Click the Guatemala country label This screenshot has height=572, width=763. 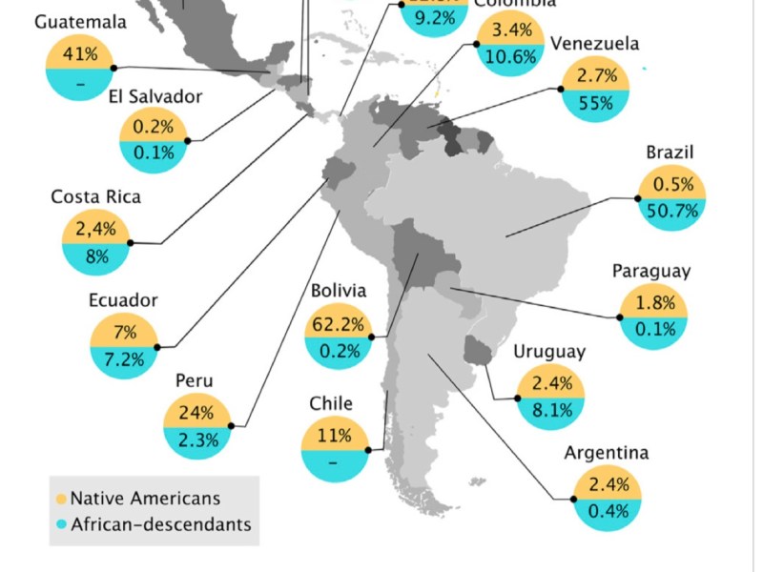pyautogui.click(x=80, y=22)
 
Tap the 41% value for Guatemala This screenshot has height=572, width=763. pyautogui.click(x=80, y=54)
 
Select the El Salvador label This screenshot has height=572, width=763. pyautogui.click(x=155, y=96)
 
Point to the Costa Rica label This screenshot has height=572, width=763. pyautogui.click(x=95, y=197)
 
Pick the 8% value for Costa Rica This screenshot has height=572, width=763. pyautogui.click(x=96, y=255)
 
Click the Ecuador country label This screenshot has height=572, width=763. pyautogui.click(x=123, y=300)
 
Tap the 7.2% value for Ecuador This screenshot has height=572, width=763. pyautogui.click(x=123, y=359)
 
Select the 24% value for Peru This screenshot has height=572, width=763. pyautogui.click(x=197, y=414)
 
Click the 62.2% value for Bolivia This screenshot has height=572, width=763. pyautogui.click(x=339, y=325)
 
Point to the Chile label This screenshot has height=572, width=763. pyautogui.click(x=331, y=403)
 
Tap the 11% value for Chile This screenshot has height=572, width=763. pyautogui.click(x=334, y=437)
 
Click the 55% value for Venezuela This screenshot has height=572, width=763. pyautogui.click(x=595, y=104)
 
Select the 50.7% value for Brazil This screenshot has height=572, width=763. pyautogui.click(x=673, y=211)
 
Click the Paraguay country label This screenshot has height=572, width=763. pyautogui.click(x=651, y=272)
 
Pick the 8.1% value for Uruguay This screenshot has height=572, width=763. pyautogui.click(x=548, y=411)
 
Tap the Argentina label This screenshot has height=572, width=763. pyautogui.click(x=607, y=453)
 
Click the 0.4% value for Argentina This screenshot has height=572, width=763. pyautogui.click(x=608, y=511)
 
